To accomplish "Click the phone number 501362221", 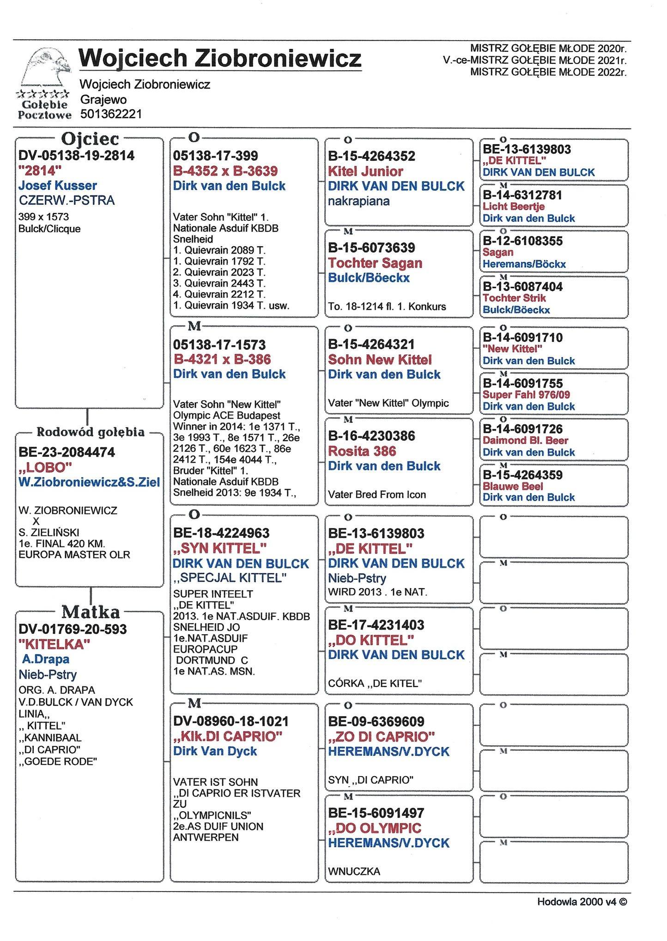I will [111, 114].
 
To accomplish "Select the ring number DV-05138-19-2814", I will [77, 156].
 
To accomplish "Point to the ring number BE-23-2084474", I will [67, 452].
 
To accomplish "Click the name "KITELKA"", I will [54, 644].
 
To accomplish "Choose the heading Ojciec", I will [90, 139].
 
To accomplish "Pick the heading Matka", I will [91, 612].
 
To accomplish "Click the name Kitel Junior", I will [365, 171].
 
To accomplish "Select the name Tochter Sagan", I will [375, 263].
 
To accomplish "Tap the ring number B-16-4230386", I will [371, 436].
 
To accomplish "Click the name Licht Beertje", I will [514, 206].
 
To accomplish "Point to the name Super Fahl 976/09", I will [526, 395].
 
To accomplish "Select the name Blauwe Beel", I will [513, 486].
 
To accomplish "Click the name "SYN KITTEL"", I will [220, 548].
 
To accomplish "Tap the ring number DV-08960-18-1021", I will [231, 721].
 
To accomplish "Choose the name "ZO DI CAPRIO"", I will [382, 736].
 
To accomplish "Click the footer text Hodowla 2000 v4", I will [582, 901].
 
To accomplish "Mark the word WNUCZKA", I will [354, 872].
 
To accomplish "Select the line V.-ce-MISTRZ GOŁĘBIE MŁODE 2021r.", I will [534, 60].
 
